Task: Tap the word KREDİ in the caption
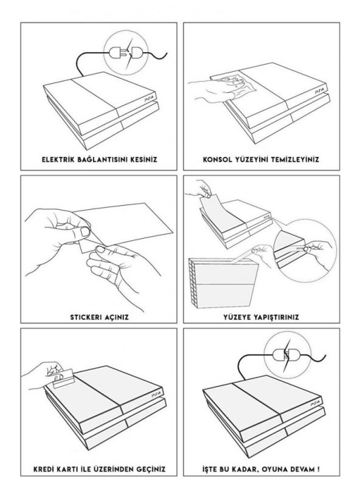pyautogui.click(x=44, y=469)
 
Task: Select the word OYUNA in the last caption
pyautogui.click(x=275, y=469)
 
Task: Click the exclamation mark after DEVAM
pyautogui.click(x=317, y=469)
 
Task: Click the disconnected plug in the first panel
pyautogui.click(x=125, y=53)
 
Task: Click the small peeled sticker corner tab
pyautogui.click(x=85, y=246)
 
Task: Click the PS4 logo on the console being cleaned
pyautogui.click(x=318, y=91)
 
